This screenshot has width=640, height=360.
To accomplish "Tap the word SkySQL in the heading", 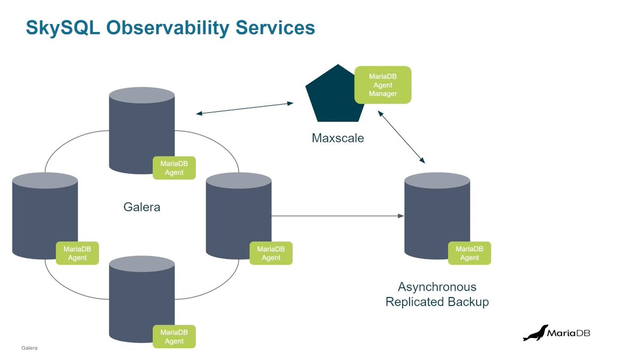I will coord(62,28).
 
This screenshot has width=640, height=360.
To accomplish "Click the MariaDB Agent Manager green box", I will coord(383,85).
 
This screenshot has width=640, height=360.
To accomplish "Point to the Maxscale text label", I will coord(338,139).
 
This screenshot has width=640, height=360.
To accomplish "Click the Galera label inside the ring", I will coord(142,207).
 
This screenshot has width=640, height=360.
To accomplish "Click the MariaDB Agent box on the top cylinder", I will coord(174,168).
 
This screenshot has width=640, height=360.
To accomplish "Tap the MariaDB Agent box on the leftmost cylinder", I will coord(77,253).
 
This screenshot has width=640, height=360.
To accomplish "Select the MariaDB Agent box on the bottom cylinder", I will coord(174,337).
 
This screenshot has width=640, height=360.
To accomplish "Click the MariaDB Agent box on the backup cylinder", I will coord(469,253).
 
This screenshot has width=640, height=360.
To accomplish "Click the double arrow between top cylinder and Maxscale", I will coord(244,108).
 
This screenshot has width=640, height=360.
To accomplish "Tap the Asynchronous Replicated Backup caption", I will coord(437,294).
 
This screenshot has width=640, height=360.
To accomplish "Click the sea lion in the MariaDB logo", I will coord(535,333).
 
